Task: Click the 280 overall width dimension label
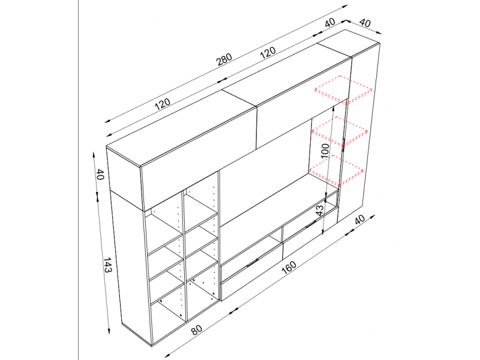pos(224,59)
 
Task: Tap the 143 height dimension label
pos(107,265)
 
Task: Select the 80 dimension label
pos(197,330)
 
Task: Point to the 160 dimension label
pos(289,267)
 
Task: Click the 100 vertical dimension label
pos(325,151)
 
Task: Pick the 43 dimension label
pos(319,211)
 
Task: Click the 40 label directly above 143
pos(100,174)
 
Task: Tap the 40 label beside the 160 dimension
pos(359,220)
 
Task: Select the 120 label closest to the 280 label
pos(268,52)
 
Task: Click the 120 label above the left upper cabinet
pos(162,104)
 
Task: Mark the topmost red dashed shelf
pos(343,89)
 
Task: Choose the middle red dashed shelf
pos(340,131)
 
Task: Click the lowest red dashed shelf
pos(336,170)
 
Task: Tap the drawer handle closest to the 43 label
pos(311,224)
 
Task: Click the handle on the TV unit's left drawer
pos(252,263)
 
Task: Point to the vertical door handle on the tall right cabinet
pos(343,143)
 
